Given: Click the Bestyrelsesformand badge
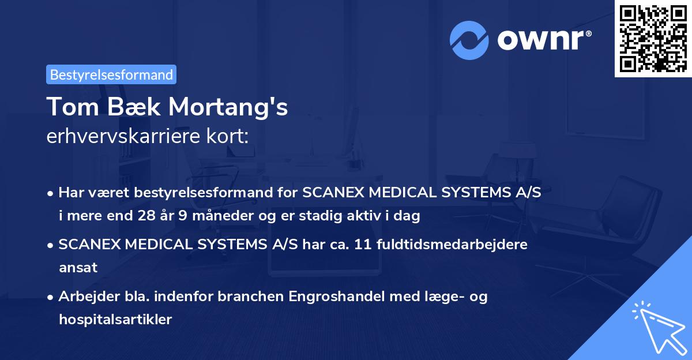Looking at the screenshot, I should [x=111, y=74].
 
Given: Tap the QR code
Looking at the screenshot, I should [x=652, y=38].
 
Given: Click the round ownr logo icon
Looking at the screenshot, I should [x=469, y=40].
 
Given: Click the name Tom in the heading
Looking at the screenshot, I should [x=65, y=107].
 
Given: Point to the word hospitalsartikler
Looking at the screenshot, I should [x=115, y=320].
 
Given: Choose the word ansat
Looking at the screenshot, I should [x=77, y=268].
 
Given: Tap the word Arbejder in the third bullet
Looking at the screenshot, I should [x=84, y=297].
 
